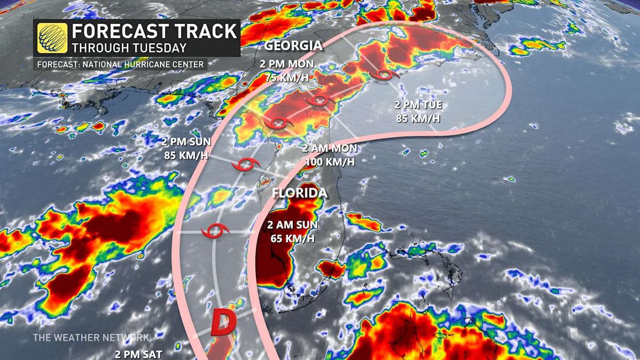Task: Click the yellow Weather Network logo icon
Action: point(52,38)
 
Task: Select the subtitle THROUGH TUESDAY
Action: point(130,47)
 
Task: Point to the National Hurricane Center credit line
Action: point(120,65)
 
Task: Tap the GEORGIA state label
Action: point(293,46)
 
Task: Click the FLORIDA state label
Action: point(299,193)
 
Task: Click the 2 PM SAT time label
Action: point(138,354)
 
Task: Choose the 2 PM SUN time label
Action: point(187,142)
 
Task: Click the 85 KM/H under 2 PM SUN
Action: point(187,156)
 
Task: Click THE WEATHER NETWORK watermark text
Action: point(91,338)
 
